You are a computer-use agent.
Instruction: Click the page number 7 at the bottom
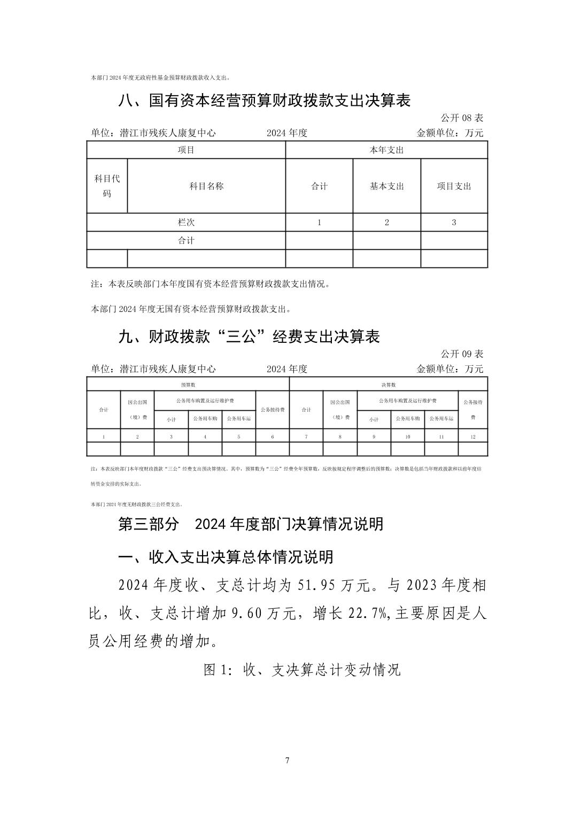(x=287, y=760)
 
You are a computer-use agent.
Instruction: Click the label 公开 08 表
(x=462, y=118)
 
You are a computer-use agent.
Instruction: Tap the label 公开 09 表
(x=462, y=354)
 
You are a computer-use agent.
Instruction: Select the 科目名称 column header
(x=206, y=186)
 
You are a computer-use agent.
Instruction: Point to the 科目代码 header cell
(x=107, y=186)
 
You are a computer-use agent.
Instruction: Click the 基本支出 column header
(x=387, y=186)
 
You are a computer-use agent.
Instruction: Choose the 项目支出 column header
(x=454, y=186)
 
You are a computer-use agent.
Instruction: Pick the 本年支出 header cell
(x=387, y=150)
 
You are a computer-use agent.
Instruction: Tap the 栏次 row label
(x=186, y=222)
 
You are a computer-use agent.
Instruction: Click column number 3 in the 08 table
(x=454, y=222)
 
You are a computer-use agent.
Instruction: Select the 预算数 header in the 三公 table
(x=188, y=384)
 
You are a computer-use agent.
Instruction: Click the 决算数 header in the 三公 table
(x=389, y=384)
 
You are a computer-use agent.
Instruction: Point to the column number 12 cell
(x=473, y=436)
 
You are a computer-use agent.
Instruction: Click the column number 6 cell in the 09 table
(x=273, y=436)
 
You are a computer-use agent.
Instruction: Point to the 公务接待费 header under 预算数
(x=273, y=410)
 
